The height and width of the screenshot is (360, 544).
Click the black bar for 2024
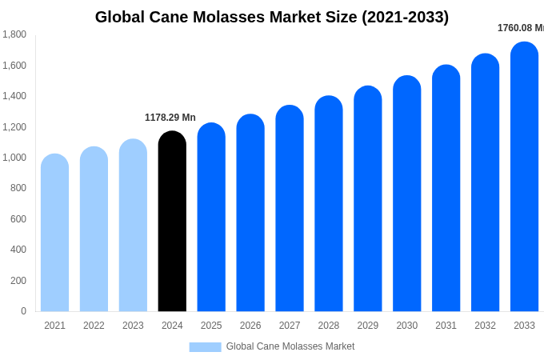[172, 222]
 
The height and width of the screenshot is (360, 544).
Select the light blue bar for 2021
[54, 233]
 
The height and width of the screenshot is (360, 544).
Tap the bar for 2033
[524, 177]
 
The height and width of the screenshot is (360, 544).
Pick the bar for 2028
[329, 204]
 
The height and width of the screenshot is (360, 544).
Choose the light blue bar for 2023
[133, 226]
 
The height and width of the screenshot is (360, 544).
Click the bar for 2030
[407, 194]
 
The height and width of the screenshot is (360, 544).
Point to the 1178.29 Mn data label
[170, 118]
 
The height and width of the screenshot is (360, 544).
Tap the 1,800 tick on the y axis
[14, 34]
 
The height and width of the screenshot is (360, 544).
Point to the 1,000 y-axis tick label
[14, 158]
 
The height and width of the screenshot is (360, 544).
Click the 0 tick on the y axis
[23, 311]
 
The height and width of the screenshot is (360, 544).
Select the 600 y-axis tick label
[18, 219]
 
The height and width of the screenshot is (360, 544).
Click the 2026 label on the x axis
[250, 326]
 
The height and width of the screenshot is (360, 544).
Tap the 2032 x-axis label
[485, 326]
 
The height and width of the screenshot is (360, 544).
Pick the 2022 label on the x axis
[94, 326]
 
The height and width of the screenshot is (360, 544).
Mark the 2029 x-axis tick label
[368, 326]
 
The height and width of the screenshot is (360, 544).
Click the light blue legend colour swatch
[205, 347]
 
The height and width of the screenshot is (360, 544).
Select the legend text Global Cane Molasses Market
[290, 346]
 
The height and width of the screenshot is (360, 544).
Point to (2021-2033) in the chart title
[406, 17]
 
